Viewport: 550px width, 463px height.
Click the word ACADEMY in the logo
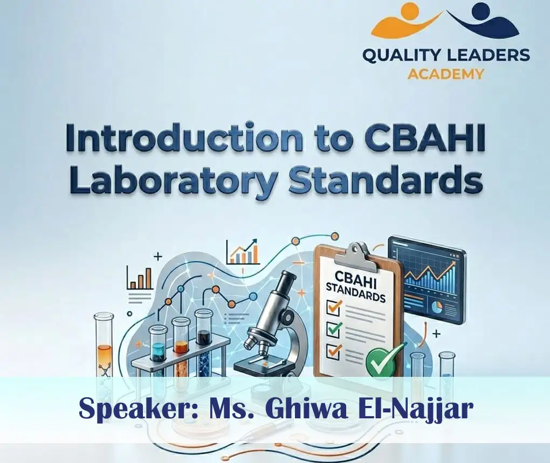445,74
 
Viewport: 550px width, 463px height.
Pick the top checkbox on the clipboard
335,307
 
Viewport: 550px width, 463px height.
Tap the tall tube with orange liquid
105,350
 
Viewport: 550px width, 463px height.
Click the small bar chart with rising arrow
244,251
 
